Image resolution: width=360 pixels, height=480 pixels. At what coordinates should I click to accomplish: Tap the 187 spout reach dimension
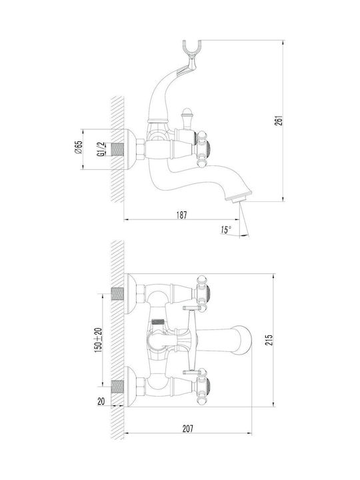[x=181, y=215]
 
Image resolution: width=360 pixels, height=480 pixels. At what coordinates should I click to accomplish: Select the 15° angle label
[x=225, y=230]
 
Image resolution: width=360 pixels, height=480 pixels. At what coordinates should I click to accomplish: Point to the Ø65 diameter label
[x=79, y=147]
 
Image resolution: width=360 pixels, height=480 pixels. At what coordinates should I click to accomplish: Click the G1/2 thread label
[x=101, y=149]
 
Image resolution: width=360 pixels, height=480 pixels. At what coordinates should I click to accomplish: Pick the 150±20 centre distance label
[x=98, y=340]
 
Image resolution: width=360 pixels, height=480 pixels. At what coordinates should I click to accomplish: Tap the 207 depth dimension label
[x=187, y=429]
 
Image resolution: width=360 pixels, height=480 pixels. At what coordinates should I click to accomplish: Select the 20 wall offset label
[x=101, y=401]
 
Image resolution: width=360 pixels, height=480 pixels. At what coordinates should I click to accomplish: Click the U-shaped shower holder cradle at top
[x=192, y=49]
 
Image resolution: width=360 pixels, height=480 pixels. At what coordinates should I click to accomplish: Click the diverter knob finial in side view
[x=187, y=115]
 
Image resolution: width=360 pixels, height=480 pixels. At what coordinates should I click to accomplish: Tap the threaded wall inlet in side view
[x=117, y=149]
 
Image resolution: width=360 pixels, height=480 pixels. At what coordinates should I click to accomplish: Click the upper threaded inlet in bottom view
[x=117, y=294]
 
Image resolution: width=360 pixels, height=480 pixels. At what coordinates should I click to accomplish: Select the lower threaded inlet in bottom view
[x=117, y=387]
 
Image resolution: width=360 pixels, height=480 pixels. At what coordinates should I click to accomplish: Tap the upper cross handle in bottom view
[x=201, y=293]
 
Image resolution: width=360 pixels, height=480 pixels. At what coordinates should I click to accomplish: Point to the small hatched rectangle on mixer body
[x=158, y=322]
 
